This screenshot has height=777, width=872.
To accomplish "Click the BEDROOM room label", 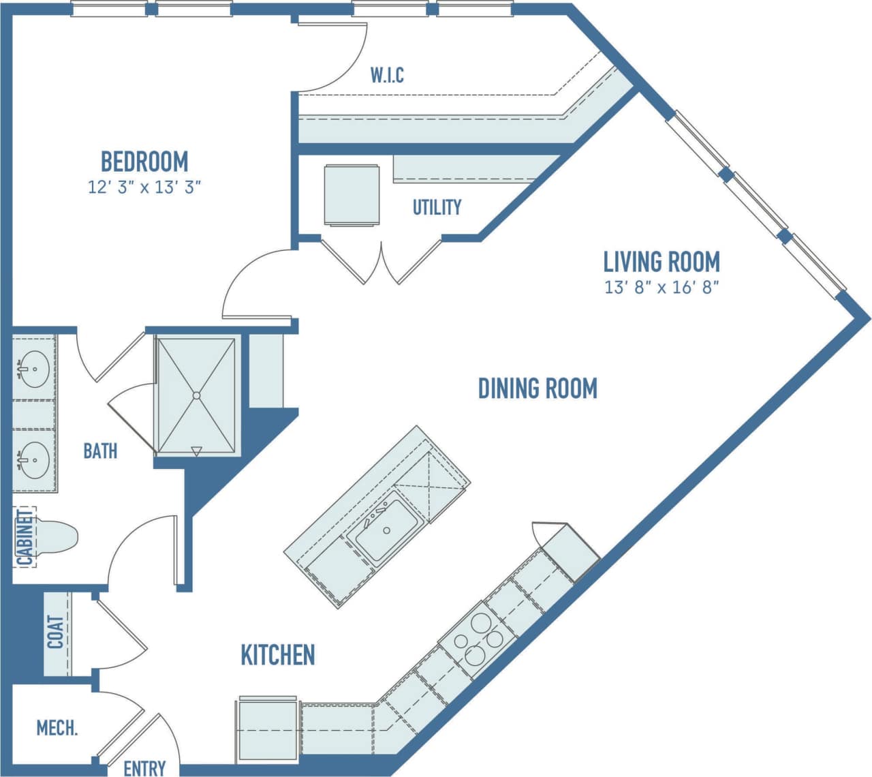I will click(x=144, y=162).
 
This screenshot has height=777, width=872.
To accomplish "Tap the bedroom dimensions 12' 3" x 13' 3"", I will click(x=144, y=187).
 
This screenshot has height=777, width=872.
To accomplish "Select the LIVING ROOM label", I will click(x=661, y=262).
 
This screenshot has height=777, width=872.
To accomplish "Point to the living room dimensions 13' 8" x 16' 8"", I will click(x=661, y=287).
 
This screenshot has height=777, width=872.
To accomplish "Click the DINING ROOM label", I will click(x=538, y=388).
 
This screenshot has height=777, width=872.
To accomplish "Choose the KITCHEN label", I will click(x=278, y=654).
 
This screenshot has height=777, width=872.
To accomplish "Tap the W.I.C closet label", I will click(x=387, y=75).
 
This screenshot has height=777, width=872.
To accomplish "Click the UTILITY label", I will click(x=437, y=207).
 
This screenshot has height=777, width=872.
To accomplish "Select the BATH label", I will click(x=100, y=451).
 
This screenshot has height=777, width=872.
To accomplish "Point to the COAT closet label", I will click(x=56, y=633).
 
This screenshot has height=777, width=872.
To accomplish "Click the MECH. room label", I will click(x=57, y=728).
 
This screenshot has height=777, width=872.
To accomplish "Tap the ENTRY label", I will click(x=144, y=768).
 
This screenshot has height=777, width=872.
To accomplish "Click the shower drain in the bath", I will click(x=196, y=395).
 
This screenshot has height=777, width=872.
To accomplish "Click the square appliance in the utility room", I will click(x=352, y=195).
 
